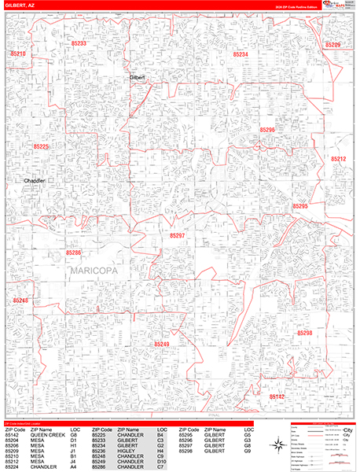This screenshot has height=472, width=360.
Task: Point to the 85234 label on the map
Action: pos(241,54)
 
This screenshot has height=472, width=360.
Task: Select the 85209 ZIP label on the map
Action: pos(332,45)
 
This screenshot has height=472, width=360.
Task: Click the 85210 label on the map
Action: pos(18,53)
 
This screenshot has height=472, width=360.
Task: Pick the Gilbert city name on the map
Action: pos(138,78)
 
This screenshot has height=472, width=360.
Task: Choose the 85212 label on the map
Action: pos(338,159)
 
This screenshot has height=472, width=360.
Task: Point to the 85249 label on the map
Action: pos(161,344)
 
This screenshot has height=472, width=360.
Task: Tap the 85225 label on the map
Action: pos(41,146)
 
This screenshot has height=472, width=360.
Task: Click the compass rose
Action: pos(279,445)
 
